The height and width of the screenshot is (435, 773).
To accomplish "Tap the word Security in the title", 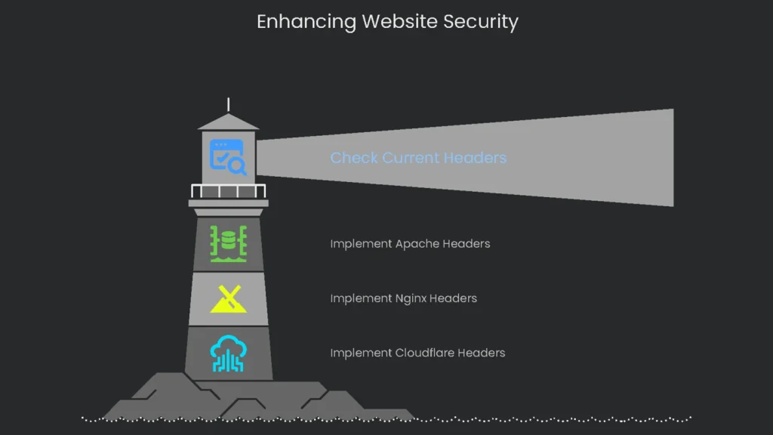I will point(480,22).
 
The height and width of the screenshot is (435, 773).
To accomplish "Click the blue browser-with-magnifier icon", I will point(228,158).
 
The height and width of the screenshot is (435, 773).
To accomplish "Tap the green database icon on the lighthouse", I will point(228,243).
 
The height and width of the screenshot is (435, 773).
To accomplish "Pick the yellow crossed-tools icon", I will point(228,299).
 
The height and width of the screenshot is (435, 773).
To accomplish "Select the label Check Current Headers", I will point(418,158).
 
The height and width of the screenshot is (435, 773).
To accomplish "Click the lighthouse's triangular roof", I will point(228,122).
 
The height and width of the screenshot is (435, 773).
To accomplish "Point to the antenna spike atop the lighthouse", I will point(228,105).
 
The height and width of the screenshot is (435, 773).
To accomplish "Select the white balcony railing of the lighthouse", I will point(228,191).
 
